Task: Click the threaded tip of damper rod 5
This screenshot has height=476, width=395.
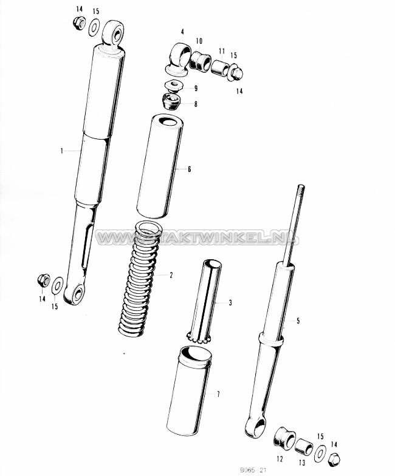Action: (301, 191)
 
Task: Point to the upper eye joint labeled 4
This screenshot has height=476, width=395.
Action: (179, 59)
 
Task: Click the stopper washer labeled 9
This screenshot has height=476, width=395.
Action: (173, 85)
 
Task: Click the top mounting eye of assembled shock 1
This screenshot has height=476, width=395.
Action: (114, 33)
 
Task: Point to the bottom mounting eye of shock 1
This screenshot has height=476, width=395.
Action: (74, 294)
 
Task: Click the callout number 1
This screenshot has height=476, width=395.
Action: (62, 151)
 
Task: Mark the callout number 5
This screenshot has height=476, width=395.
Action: (298, 321)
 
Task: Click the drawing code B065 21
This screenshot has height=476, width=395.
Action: (253, 470)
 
